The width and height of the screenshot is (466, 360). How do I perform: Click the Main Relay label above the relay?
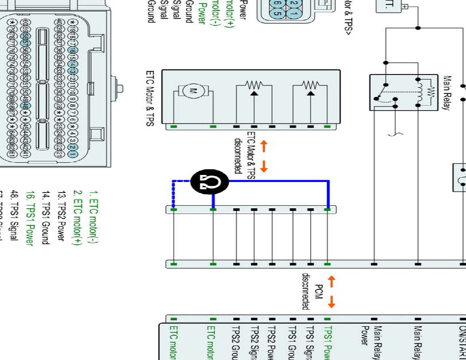[x=447, y=93]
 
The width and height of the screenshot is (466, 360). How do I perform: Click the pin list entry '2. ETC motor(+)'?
[x=78, y=217]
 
